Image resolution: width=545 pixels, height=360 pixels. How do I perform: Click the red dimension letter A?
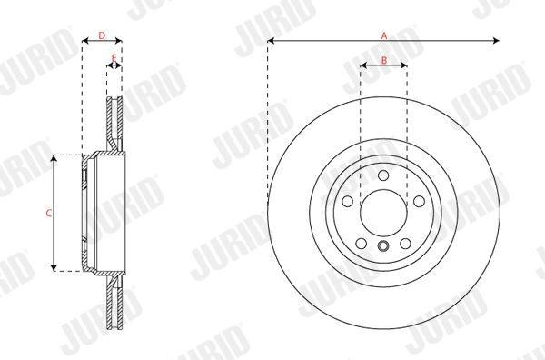click(x=384, y=35)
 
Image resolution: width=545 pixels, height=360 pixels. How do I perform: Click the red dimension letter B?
click(x=384, y=61)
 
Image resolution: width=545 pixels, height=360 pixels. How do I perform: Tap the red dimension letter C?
click(x=49, y=213)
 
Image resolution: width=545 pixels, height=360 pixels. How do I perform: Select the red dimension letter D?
click(x=102, y=35)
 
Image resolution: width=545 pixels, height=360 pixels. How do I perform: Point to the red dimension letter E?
click(x=114, y=58)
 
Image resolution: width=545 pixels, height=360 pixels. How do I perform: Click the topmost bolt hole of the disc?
click(x=383, y=175)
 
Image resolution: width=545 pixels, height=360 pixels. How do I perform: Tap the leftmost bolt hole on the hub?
click(x=348, y=201)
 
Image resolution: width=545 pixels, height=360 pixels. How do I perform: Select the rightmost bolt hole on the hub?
click(x=419, y=201)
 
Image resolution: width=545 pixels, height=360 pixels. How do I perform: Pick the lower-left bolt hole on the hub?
click(x=362, y=243)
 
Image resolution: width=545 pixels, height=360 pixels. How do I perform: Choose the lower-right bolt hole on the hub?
click(x=405, y=243)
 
